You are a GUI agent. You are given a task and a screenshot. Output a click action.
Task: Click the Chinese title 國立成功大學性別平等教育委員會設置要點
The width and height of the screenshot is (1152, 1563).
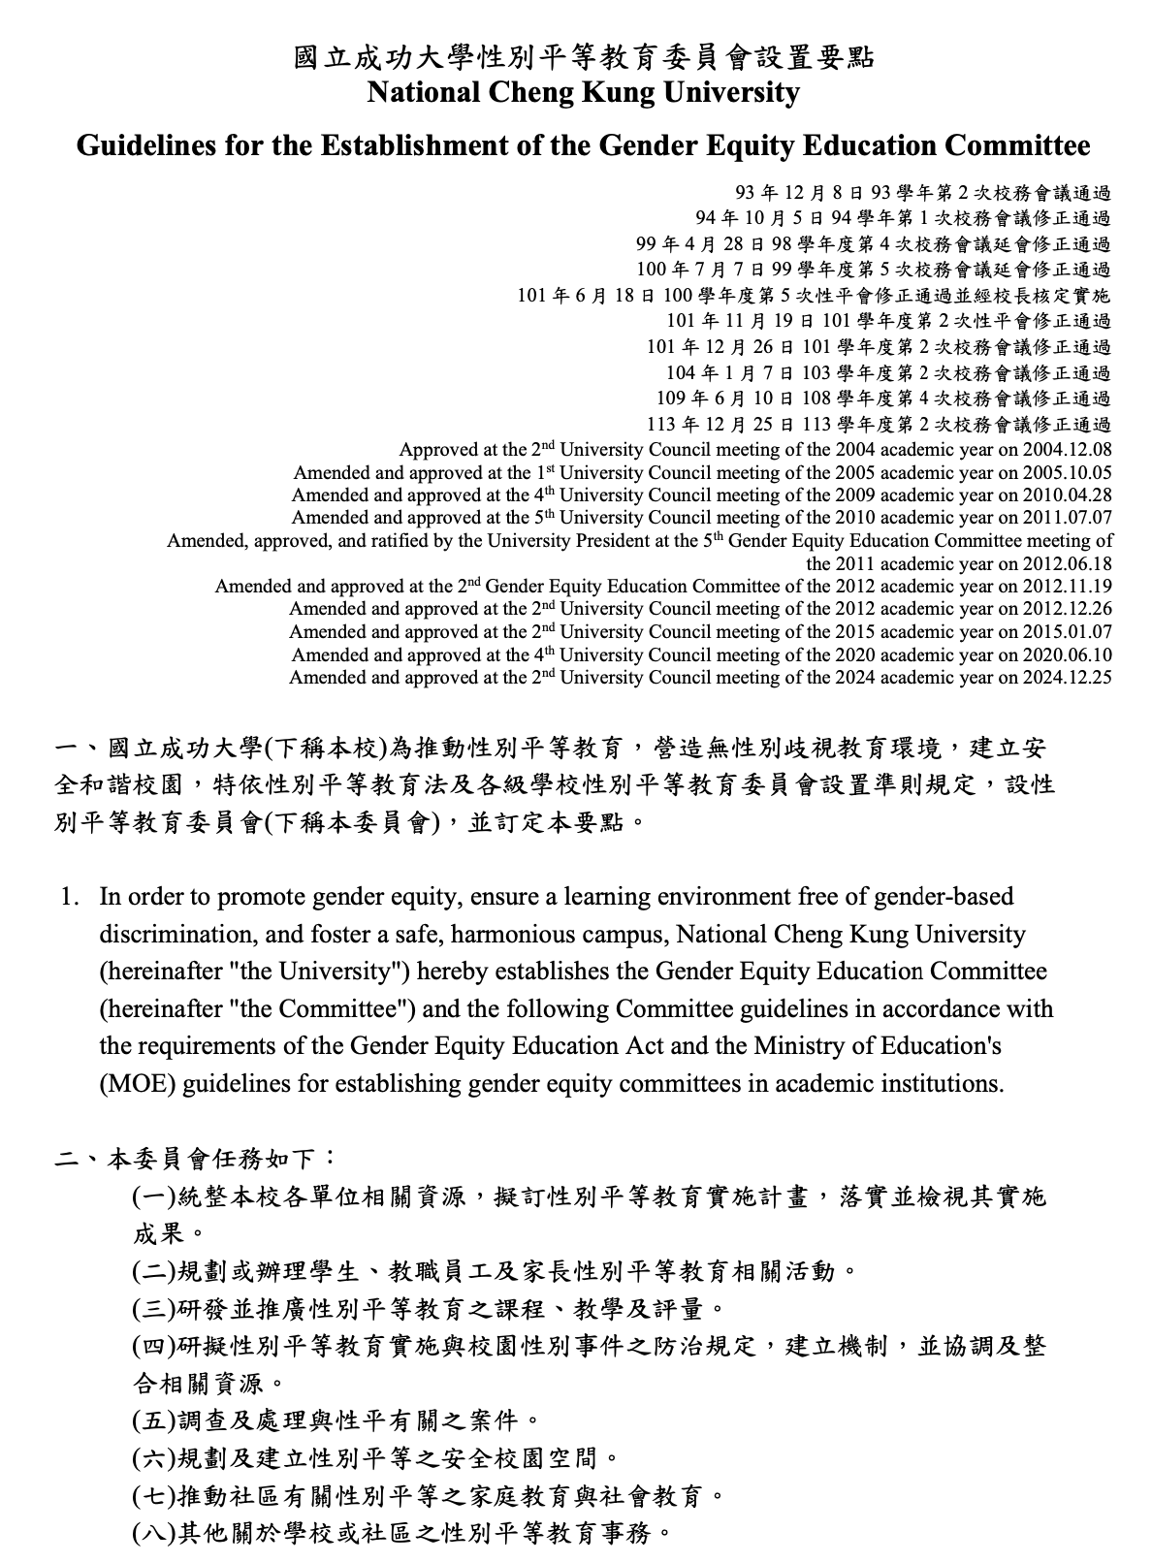pyautogui.click(x=584, y=58)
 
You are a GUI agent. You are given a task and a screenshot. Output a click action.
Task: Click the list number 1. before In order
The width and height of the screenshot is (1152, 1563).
pyautogui.click(x=69, y=897)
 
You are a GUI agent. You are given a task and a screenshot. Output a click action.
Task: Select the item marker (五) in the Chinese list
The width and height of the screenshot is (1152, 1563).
pyautogui.click(x=154, y=1421)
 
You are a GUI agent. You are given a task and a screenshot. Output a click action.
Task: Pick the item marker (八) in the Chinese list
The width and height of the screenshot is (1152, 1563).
pyautogui.click(x=154, y=1533)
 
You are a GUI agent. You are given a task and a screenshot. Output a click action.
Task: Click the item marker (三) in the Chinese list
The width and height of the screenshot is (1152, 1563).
pyautogui.click(x=154, y=1310)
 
